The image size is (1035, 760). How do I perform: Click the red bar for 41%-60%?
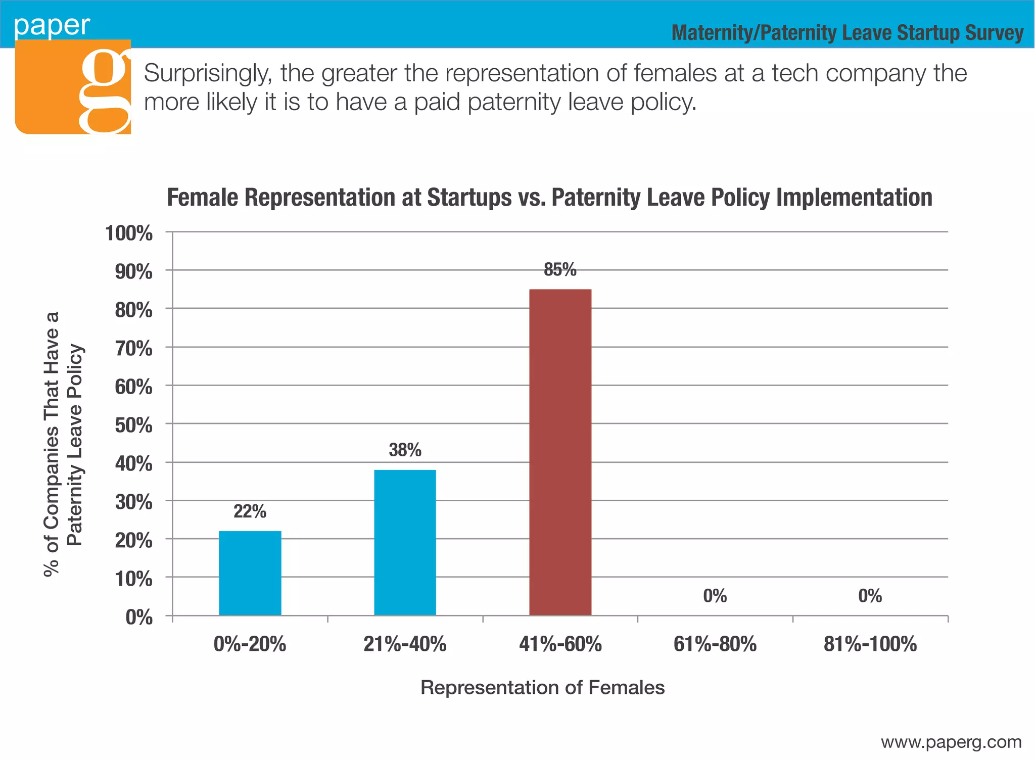coord(560,452)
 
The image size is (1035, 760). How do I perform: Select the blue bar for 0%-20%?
coord(250,573)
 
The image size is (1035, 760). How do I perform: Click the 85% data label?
coord(560,270)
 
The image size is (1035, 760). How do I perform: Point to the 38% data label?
coord(405,450)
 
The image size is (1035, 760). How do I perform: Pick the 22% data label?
coord(250,511)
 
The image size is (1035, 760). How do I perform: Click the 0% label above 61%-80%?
coord(715,596)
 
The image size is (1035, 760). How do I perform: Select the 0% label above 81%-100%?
coord(870,596)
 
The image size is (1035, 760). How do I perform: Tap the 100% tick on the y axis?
coord(129,233)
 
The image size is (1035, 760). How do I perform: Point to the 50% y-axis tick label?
coord(133,425)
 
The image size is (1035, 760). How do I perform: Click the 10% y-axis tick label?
coord(133,579)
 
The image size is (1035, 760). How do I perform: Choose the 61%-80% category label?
coord(715,644)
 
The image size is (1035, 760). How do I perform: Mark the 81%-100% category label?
coord(870,644)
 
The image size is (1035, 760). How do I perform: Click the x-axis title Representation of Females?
coord(542,688)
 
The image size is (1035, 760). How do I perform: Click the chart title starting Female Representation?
coord(549,198)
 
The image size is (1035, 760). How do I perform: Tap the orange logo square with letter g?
coord(73,87)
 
